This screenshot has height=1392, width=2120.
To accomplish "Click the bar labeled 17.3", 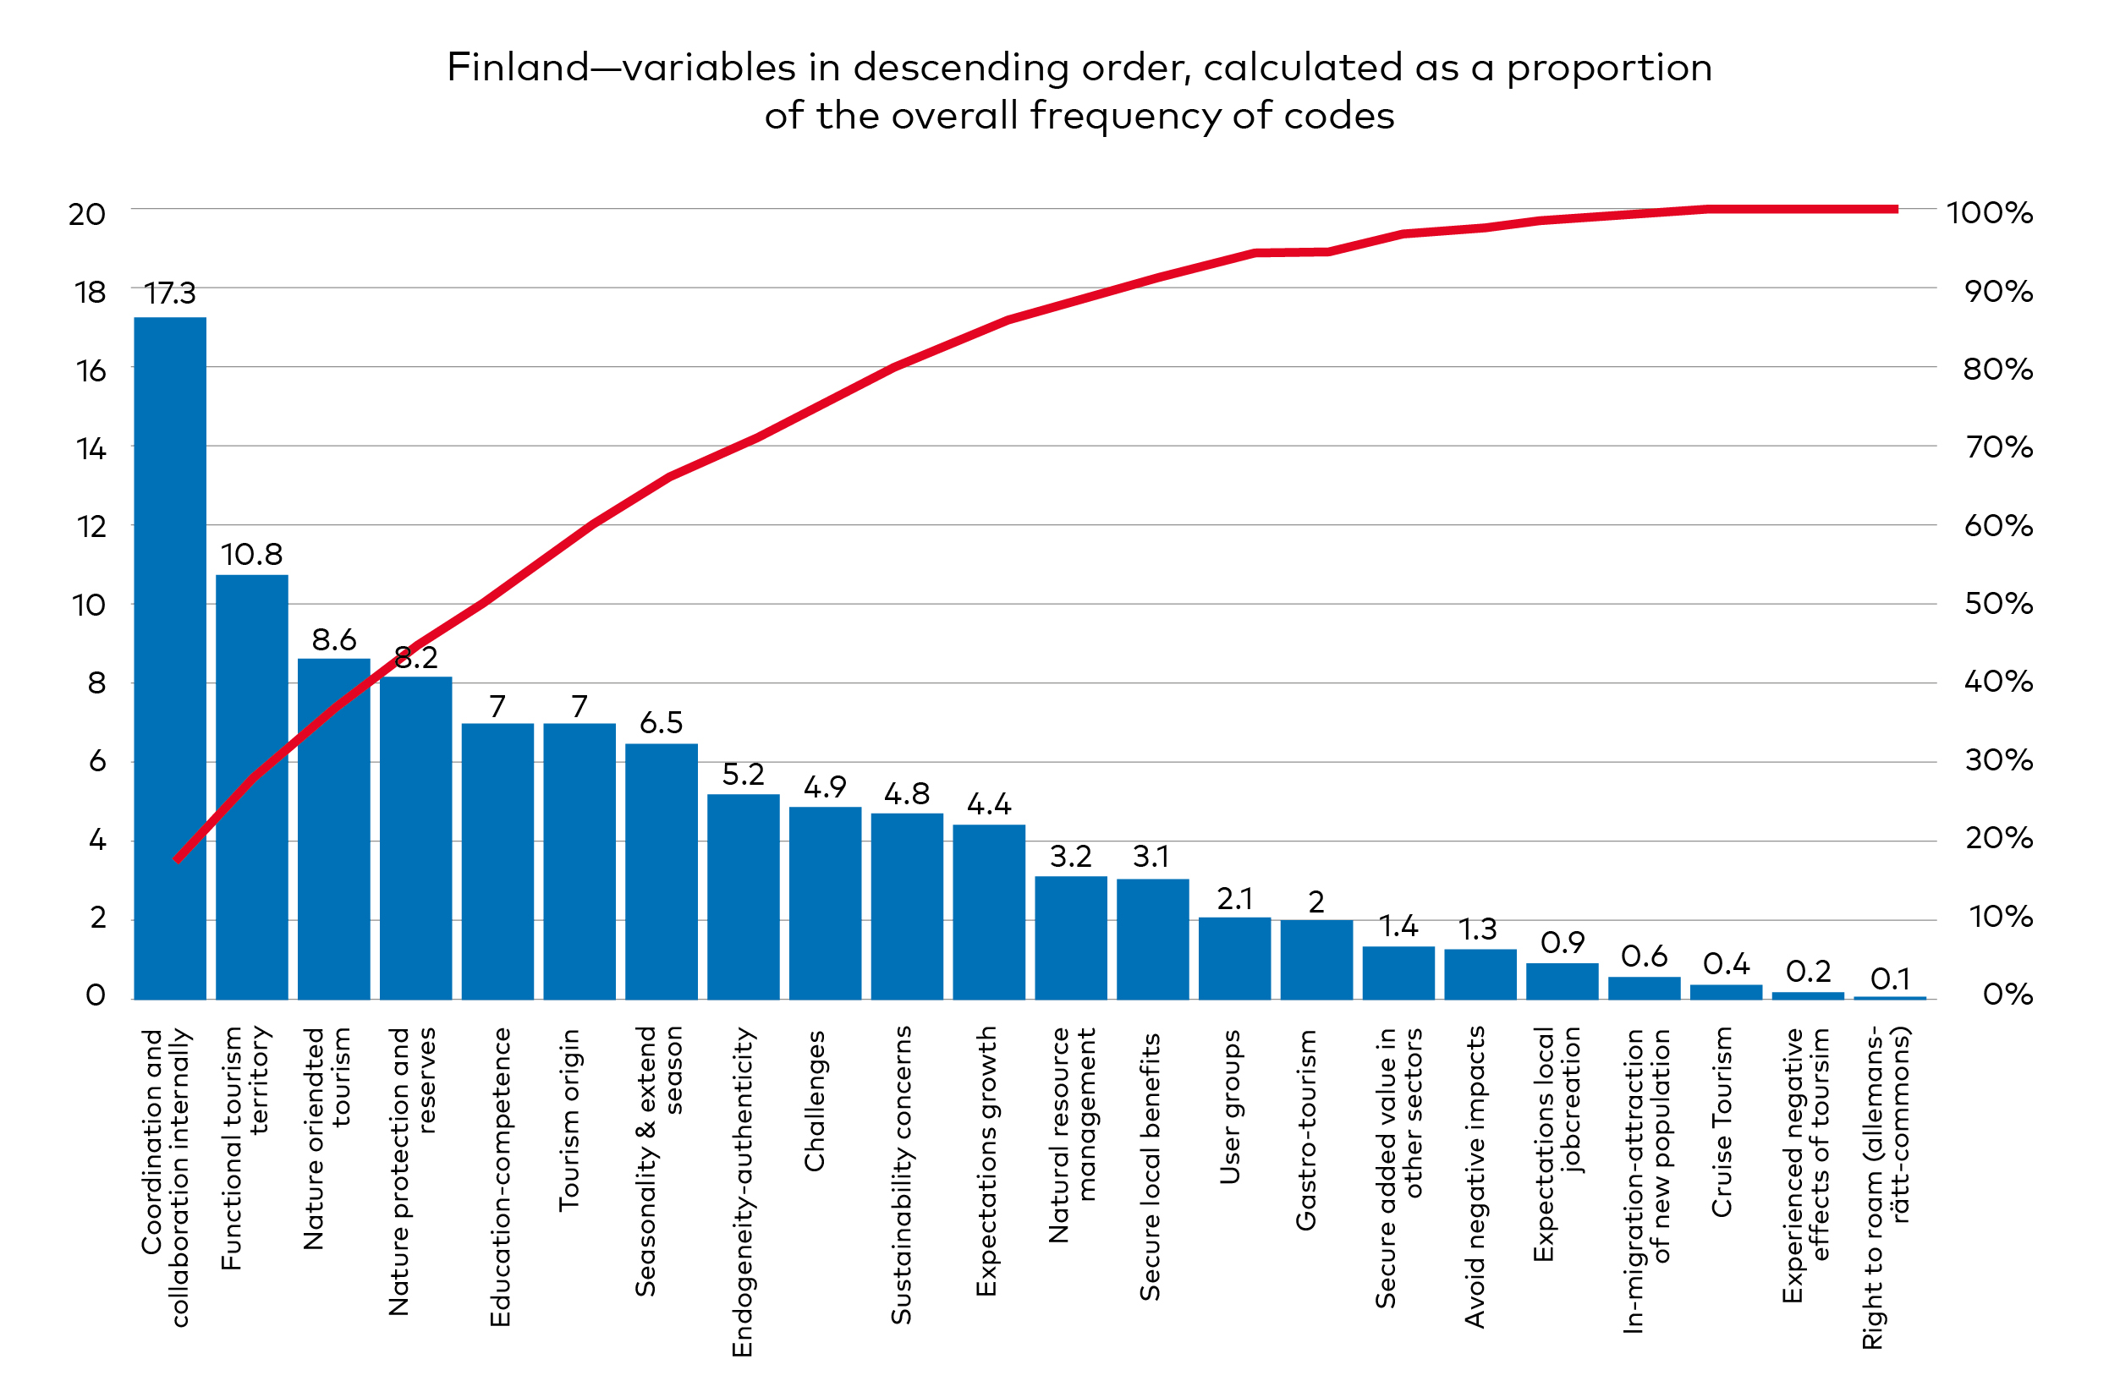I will [x=170, y=659].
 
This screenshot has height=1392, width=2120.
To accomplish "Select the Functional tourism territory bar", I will [x=252, y=787].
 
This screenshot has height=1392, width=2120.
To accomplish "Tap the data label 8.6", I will [x=334, y=639].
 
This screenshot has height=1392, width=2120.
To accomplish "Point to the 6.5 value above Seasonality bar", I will [x=661, y=722].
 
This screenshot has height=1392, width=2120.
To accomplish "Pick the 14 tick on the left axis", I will [x=90, y=449].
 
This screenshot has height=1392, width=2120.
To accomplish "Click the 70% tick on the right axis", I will [x=1998, y=447].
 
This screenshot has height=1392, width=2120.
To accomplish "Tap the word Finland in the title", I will [x=518, y=68].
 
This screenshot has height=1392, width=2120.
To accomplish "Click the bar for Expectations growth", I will [x=989, y=912].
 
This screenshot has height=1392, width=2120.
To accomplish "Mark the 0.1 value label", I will [x=1889, y=978].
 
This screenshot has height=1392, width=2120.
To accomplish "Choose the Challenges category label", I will [x=814, y=1102].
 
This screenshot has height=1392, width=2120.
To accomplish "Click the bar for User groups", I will [x=1234, y=959].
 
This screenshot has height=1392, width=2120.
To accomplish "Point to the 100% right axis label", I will [x=1989, y=213].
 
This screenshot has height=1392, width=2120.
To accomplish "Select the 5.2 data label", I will [x=743, y=775].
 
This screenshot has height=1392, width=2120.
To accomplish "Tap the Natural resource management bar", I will [x=1071, y=939].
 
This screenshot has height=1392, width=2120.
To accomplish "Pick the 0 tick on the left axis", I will [x=96, y=995].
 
